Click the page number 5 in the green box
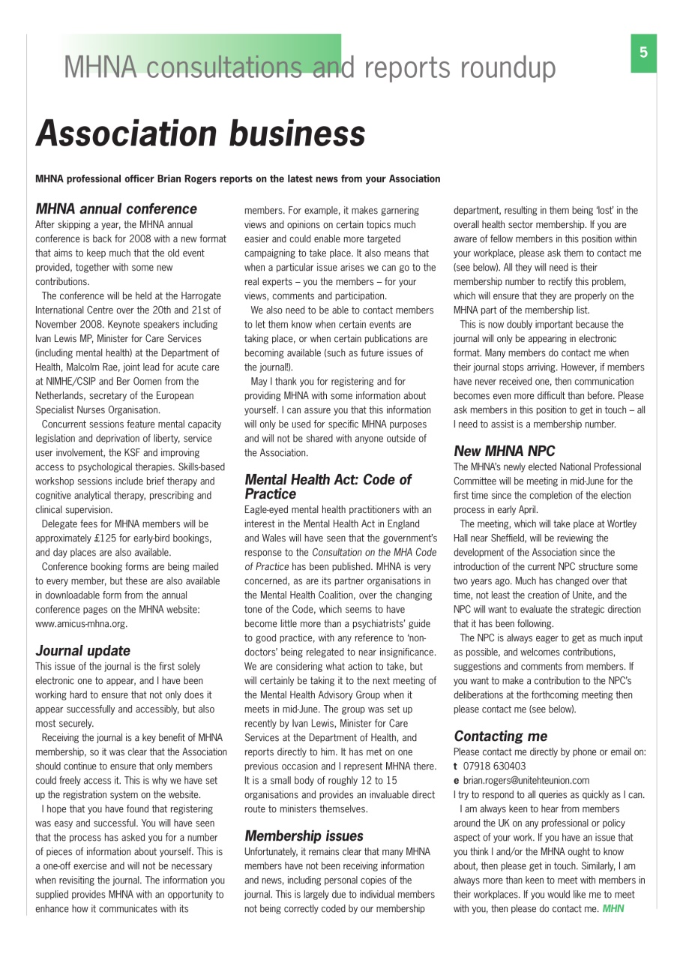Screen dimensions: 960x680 [x=643, y=52]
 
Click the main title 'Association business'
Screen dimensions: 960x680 [x=200, y=133]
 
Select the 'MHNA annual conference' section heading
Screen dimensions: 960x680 [x=116, y=208]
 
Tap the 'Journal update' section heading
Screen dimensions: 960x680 [x=82, y=650]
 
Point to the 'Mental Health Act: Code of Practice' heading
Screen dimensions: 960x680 [x=328, y=486]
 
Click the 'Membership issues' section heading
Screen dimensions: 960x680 [x=304, y=835]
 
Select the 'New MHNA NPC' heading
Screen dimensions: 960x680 [x=504, y=451]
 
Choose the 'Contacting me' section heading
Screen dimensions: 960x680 [x=500, y=736]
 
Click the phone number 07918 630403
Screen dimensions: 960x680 [x=494, y=766]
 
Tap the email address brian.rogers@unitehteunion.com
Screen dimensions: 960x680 [x=526, y=780]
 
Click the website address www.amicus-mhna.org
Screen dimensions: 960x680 [x=81, y=622]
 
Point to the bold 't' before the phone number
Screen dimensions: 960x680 [x=456, y=766]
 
